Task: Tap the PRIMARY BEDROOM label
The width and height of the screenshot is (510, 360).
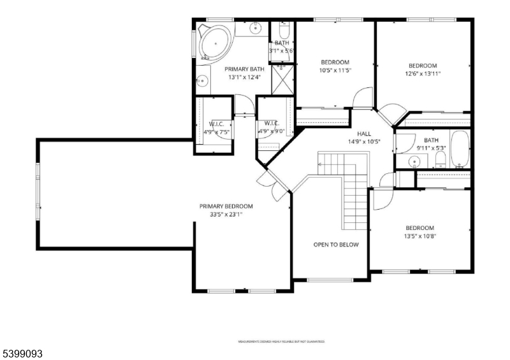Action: [226, 206]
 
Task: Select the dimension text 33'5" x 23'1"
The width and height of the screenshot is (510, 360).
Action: [226, 215]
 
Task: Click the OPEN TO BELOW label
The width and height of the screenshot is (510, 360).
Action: [336, 245]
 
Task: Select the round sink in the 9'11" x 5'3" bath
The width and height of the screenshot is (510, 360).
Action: [416, 163]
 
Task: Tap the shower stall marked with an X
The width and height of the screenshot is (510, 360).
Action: [281, 79]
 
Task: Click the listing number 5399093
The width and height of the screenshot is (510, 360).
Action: [22, 352]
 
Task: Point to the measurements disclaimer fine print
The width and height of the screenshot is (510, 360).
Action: [281, 342]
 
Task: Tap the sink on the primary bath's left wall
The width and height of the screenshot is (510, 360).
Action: [201, 81]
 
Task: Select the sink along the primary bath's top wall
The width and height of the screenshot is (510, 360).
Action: [255, 27]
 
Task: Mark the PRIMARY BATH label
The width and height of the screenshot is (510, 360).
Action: [244, 69]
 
